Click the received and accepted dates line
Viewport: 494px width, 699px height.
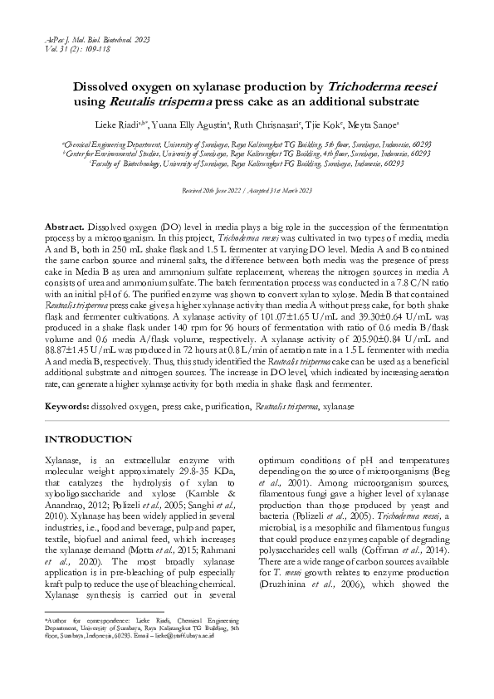[x=247, y=192]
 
